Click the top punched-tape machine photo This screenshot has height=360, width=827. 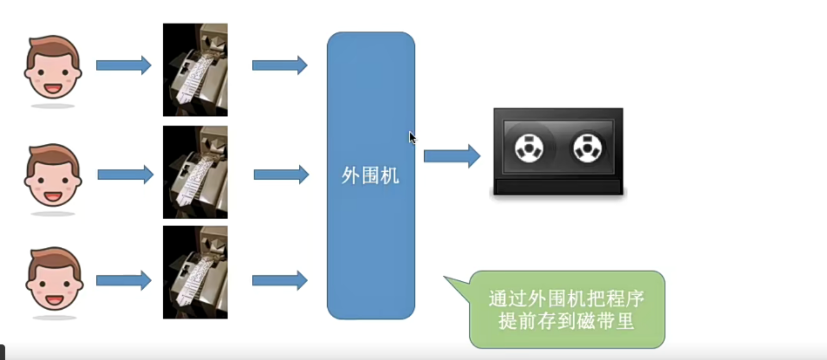coord(195,70)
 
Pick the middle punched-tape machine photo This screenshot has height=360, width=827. coord(195,172)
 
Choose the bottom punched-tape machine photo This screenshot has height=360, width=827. coord(195,273)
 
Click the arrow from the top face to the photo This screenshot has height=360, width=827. coord(124,65)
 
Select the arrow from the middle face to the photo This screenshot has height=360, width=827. coord(125,175)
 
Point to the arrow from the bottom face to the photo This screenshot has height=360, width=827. coord(124,281)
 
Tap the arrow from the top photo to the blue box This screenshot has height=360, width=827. coord(280,65)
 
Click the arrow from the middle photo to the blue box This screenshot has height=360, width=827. coord(281,175)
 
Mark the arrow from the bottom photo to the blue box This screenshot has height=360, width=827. coord(280,281)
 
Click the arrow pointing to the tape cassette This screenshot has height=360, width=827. coord(453,156)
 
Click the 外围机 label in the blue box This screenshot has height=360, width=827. coord(370,176)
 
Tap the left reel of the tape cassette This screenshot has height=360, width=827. coord(529,149)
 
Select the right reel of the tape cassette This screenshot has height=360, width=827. coord(587,149)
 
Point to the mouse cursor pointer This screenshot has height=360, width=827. coord(413,138)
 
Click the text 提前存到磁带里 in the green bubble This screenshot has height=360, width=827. coord(566,321)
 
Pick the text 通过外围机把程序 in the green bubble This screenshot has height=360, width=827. coord(566,299)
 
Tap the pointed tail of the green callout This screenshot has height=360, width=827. coord(445,277)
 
